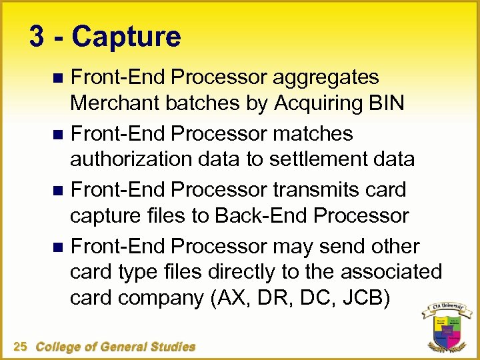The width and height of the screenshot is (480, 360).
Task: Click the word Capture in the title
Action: pos(126,37)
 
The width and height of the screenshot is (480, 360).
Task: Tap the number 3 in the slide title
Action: pos(37,37)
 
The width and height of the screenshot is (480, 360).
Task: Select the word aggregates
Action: pos(327,78)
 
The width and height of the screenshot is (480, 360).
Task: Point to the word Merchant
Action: pos(117,103)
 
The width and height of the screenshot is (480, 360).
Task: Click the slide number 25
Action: pos(20,347)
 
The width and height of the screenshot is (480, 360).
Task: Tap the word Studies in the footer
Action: pos(171,347)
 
